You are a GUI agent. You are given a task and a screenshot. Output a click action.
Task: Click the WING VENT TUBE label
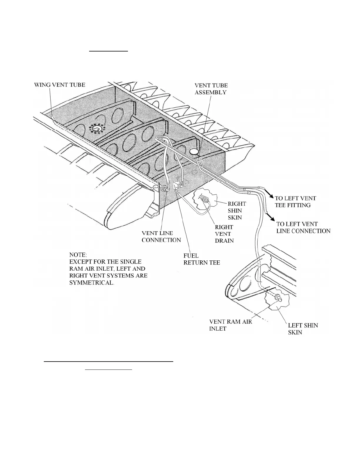pos(60,85)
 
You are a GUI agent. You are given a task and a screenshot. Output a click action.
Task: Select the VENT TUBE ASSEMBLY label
pos(211,89)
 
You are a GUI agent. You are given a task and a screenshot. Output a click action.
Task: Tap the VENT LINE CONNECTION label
pos(161,237)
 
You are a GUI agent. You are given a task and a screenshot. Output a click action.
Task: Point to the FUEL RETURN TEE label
pos(202,259)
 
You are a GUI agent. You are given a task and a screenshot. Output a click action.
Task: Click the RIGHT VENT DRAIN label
pos(224,234)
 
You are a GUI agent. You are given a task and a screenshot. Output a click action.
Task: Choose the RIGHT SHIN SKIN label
pos(237,211)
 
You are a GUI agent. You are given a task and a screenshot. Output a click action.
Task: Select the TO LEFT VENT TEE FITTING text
pos(295,202)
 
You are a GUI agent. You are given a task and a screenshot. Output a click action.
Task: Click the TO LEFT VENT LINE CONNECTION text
pos(303,227)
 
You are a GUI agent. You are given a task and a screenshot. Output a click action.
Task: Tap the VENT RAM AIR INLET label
pos(230,325)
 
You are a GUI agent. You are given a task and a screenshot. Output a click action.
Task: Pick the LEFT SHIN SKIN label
pos(303,329)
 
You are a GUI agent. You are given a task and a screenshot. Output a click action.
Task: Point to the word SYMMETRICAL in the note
pos(91,283)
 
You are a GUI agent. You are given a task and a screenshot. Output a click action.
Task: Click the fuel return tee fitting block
pos(177,185)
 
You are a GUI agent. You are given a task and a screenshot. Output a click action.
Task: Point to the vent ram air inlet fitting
pos(277,298)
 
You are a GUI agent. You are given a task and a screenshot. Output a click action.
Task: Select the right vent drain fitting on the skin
pos(206,200)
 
